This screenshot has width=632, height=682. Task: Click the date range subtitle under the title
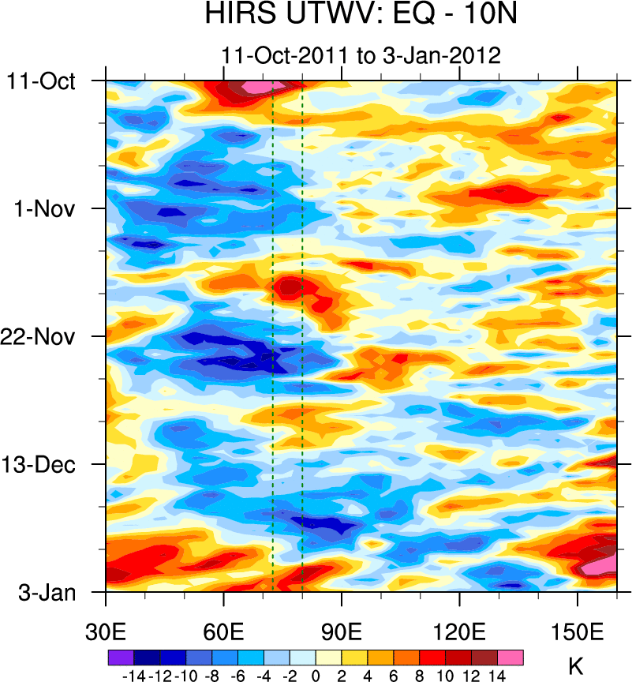click(361, 56)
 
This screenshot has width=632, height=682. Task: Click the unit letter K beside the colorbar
click(575, 668)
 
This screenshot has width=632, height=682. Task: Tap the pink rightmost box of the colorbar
click(510, 657)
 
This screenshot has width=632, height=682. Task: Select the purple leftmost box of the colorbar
click(121, 657)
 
